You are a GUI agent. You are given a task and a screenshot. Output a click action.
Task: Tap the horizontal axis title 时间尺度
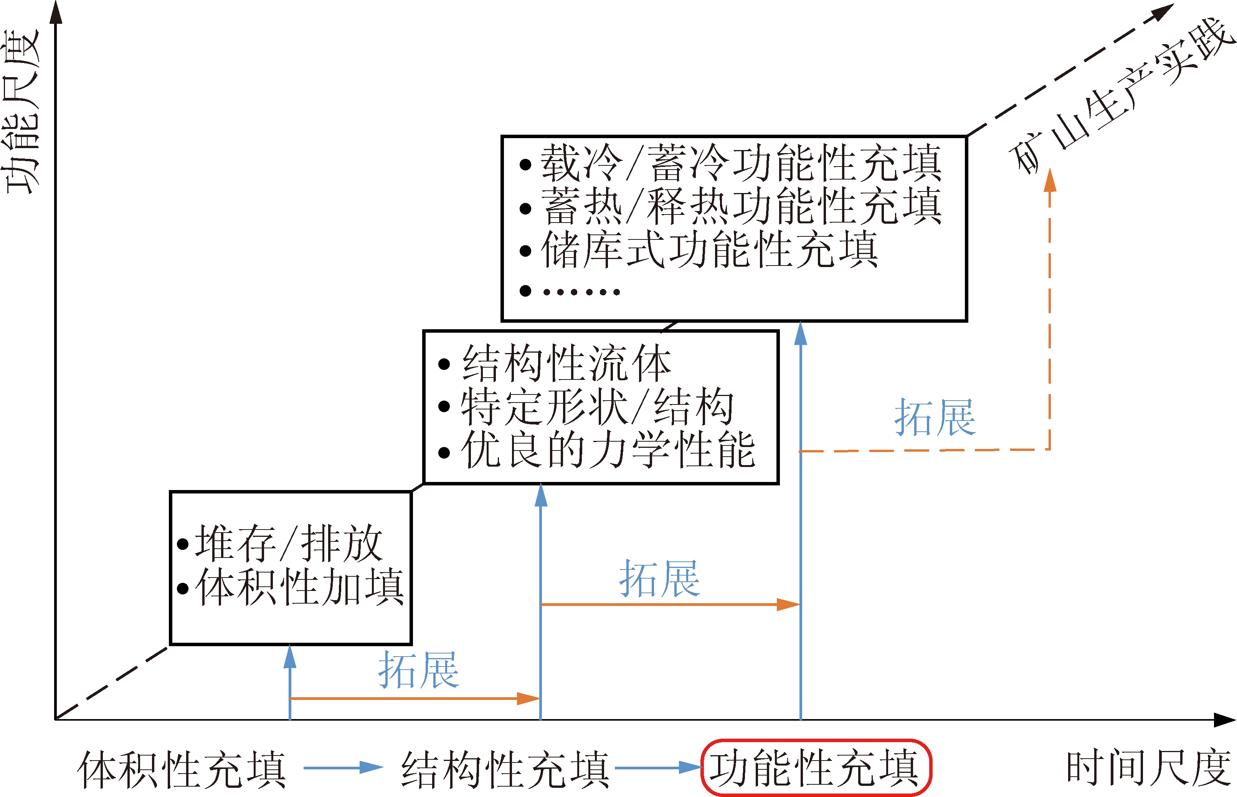coord(1148,768)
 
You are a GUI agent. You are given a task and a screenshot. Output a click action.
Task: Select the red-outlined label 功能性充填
coord(815,767)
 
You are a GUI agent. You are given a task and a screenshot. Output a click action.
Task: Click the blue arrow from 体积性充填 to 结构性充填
coord(343,767)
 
